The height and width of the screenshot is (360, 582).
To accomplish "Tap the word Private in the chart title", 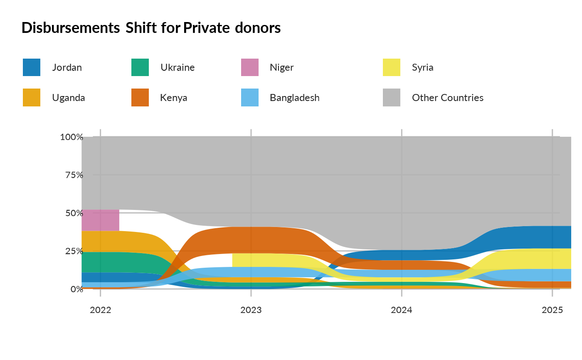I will tap(207, 28).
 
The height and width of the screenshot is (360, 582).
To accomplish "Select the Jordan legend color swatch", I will tap(32, 67).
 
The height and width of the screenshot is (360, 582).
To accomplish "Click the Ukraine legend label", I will tap(178, 67).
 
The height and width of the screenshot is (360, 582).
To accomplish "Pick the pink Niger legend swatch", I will tap(250, 67).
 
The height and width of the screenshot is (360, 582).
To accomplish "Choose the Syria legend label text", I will tap(422, 67).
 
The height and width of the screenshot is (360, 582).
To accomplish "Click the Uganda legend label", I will tap(69, 98).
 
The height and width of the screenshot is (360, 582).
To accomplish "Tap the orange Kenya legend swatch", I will tap(140, 98).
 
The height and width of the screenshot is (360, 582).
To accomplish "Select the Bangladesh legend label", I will tap(294, 98).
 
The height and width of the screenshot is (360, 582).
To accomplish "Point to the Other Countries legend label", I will tap(447, 98).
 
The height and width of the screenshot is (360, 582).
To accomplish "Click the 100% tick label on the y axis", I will tap(72, 137).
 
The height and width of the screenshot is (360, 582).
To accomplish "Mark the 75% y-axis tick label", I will tap(74, 175).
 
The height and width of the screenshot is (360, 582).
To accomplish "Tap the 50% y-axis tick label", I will tap(74, 213).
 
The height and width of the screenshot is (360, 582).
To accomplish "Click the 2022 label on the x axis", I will tap(100, 310).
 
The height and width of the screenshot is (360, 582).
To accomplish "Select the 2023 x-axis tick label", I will tap(251, 310).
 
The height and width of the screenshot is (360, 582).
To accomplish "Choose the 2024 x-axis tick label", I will tap(401, 310).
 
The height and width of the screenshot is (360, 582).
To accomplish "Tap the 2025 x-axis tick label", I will tap(552, 310).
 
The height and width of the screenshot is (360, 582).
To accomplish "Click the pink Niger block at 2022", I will tap(101, 220).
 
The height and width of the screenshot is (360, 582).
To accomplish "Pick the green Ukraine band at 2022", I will tap(101, 262).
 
